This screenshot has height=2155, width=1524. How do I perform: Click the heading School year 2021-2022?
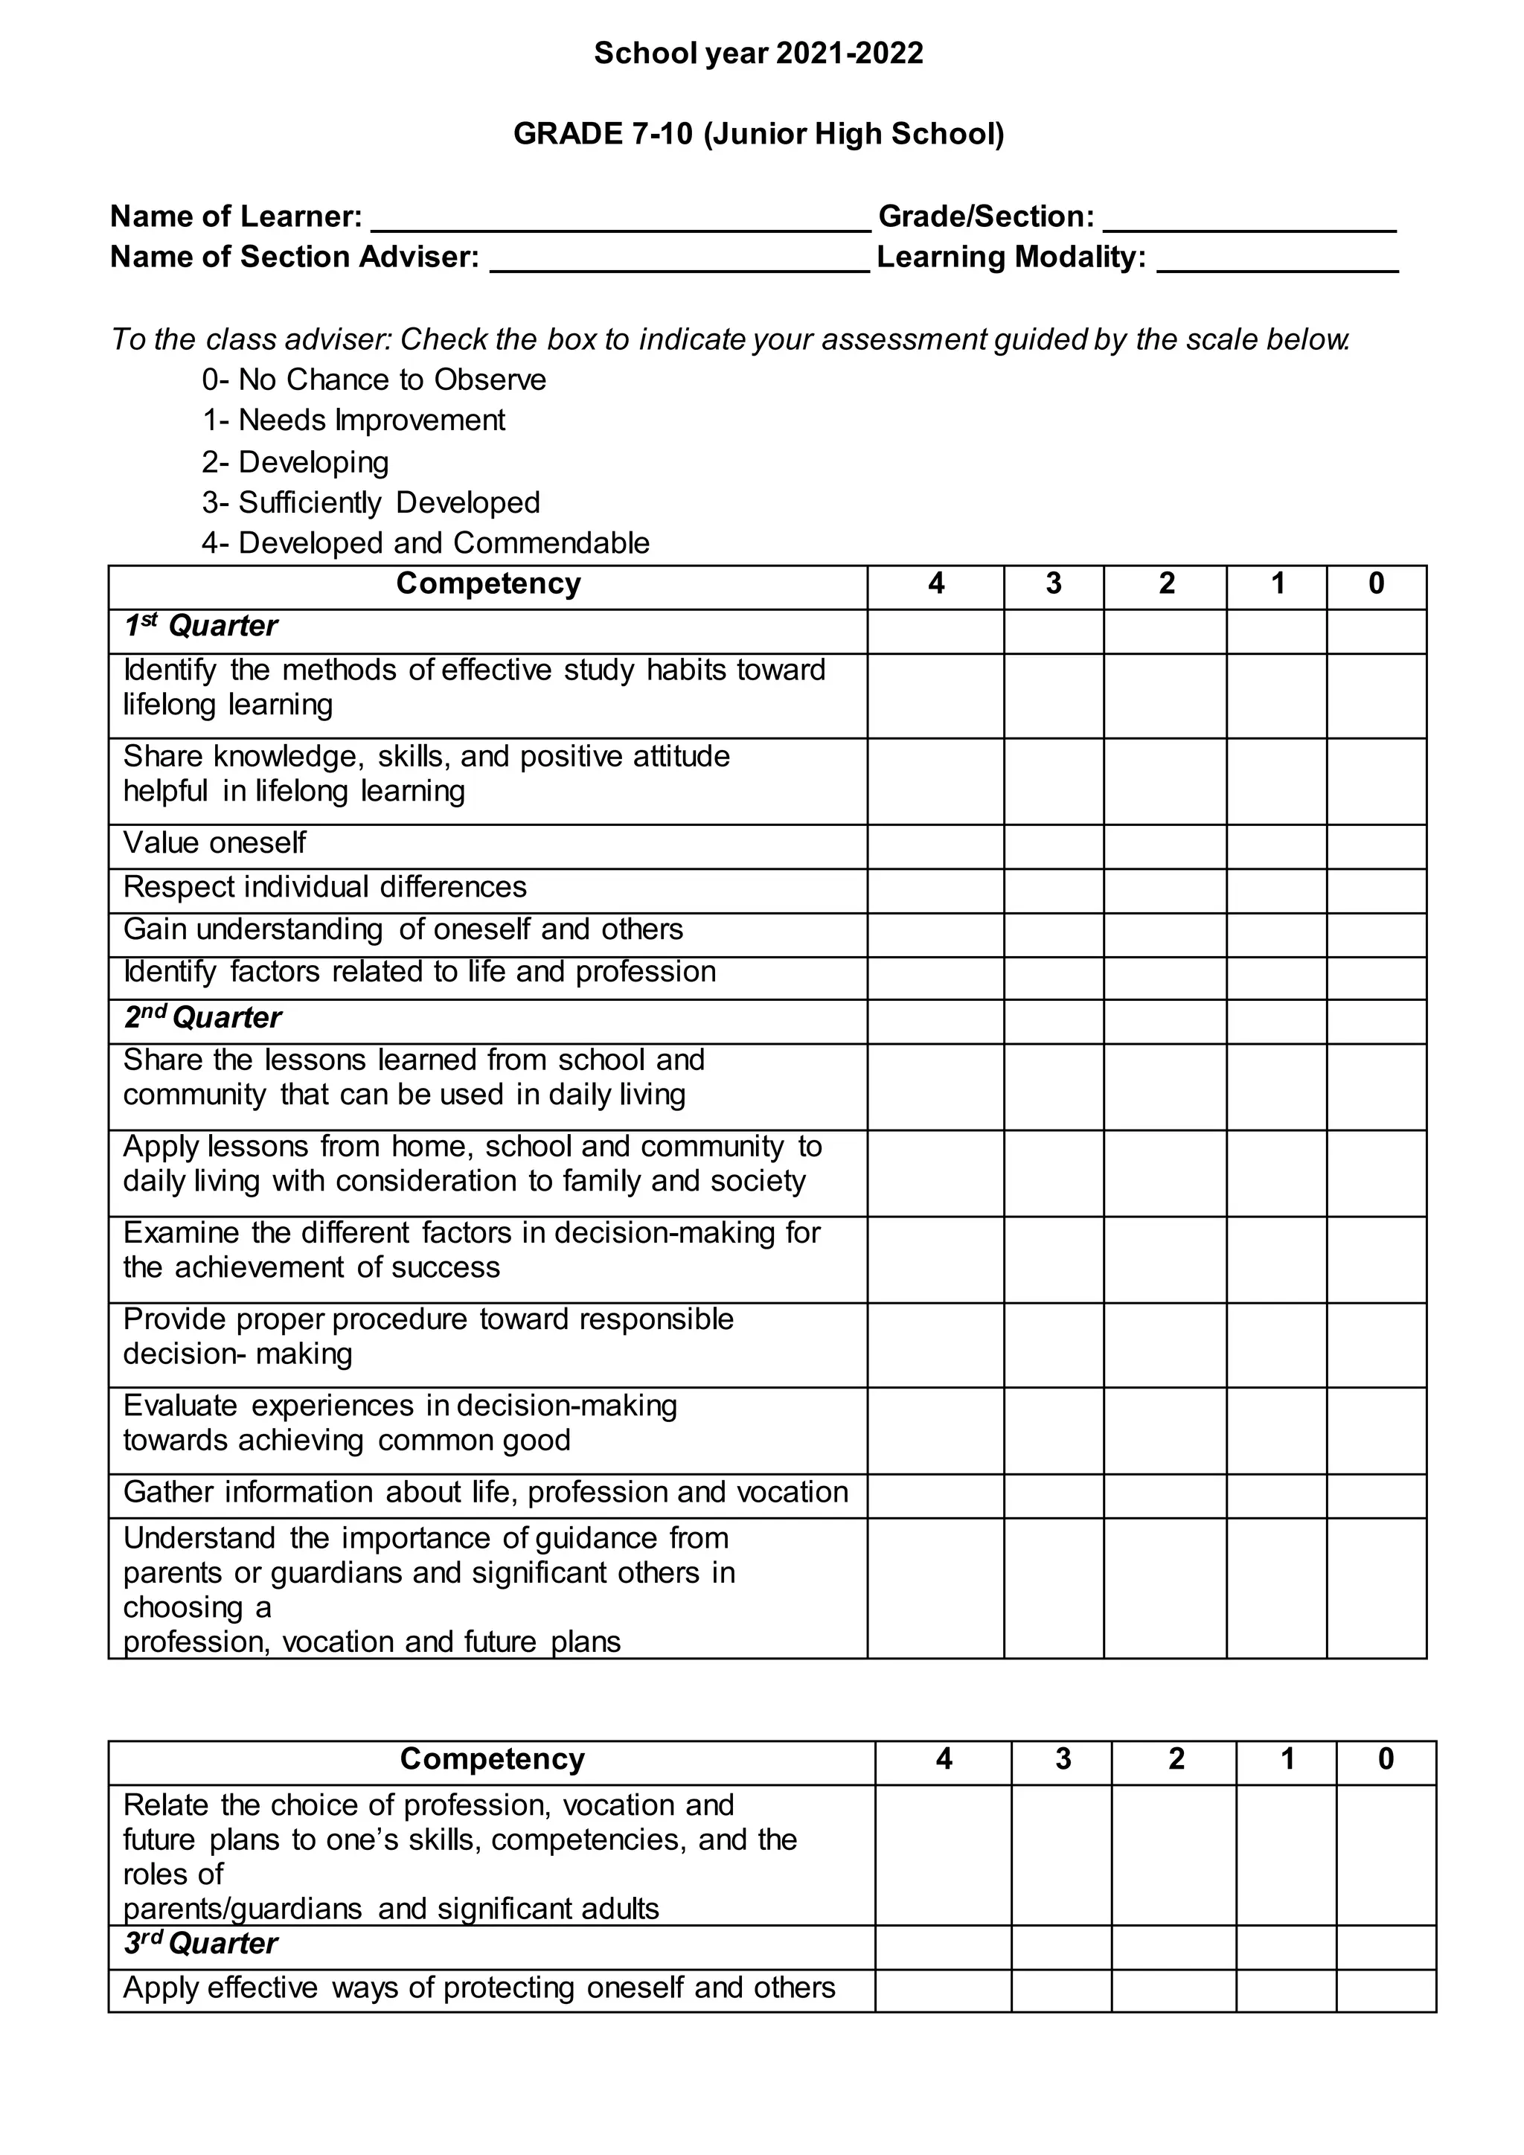pos(758,54)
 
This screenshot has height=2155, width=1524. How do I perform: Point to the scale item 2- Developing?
pos(295,462)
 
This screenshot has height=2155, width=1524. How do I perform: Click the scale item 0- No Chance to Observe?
pos(374,380)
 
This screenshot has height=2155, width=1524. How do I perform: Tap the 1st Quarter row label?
pos(201,626)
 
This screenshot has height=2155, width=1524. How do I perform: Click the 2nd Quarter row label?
pos(202,1017)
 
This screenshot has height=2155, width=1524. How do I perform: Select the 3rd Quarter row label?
pos(201,1944)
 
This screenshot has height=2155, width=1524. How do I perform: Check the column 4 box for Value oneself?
pos(935,847)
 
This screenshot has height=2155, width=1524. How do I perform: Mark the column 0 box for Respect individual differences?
pos(1376,891)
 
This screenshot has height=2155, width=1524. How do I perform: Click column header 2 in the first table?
pos(1165,585)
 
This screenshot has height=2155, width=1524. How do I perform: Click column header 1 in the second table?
pos(1286,1759)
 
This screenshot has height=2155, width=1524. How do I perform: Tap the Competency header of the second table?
pos(492,1759)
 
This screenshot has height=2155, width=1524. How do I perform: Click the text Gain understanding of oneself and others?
pos(403,929)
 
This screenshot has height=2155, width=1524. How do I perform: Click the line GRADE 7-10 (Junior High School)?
pos(758,134)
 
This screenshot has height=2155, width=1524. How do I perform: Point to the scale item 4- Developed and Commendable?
pos(425,542)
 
